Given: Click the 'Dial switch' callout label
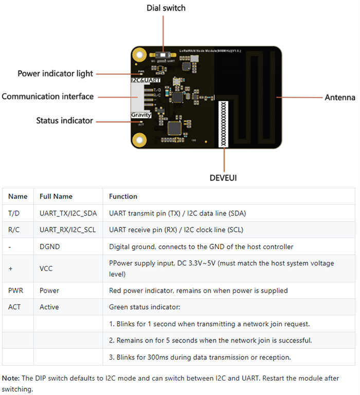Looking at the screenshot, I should pos(166,8).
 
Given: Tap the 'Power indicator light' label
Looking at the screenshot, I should pos(55,74).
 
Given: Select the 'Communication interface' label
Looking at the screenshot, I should pos(47,96).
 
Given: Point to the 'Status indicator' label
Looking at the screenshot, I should pos(64,120).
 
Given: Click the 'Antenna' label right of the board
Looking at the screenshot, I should pos(340,97).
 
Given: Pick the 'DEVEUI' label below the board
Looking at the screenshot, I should pos(223,178).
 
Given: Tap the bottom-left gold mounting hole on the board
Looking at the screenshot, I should pos(138,139).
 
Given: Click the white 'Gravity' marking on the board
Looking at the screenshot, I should pos(140,115).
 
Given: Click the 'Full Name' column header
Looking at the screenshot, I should pos(56,196).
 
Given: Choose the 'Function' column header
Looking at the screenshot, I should pos(123,196).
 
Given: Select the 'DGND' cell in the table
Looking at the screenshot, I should pos(49,247).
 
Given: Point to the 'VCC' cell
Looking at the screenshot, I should pos(46,268).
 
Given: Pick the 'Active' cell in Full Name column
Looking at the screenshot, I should pos(49,307).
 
